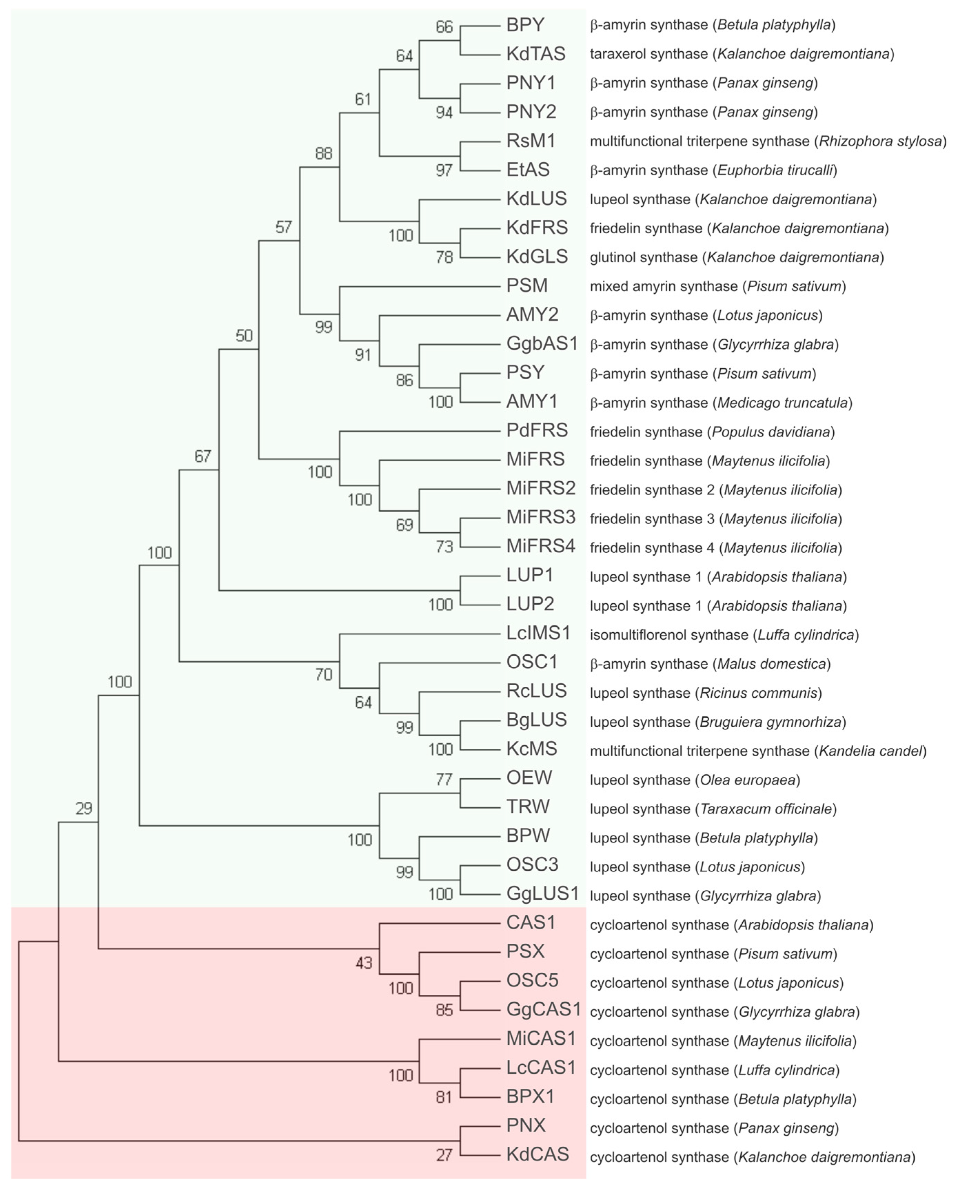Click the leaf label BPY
(x=525, y=25)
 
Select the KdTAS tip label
(x=536, y=54)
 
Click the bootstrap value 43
(x=364, y=963)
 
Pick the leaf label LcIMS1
(x=538, y=633)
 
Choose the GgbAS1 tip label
(x=542, y=344)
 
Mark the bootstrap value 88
(x=324, y=153)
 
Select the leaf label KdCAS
(x=537, y=1154)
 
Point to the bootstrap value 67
(x=203, y=456)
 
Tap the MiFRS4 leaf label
(x=541, y=546)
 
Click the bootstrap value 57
(x=283, y=227)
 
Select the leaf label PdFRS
(x=537, y=430)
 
